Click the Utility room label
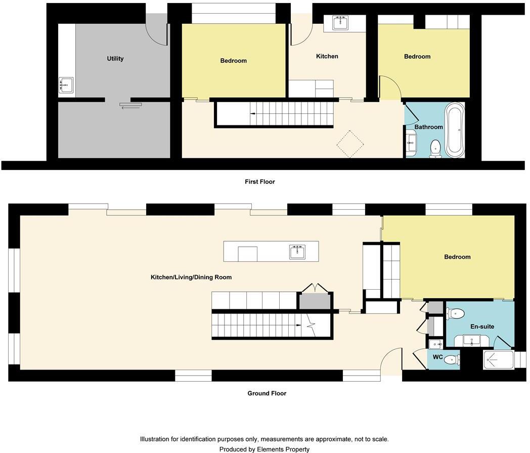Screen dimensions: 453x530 pos(115,59)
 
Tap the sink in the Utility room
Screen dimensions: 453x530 pos(66,85)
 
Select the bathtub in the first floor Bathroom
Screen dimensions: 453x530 pos(455,130)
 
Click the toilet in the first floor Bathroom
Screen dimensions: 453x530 pos(435,149)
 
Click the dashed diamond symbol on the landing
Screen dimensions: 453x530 pos(350,144)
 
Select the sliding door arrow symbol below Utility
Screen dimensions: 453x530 pos(130,105)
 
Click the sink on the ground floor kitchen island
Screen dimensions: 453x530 pos(297,251)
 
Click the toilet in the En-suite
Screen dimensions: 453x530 pos(456,313)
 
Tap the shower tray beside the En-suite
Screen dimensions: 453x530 pos(498,359)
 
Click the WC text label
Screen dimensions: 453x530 pos(438,357)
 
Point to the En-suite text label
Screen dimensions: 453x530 pos(482,327)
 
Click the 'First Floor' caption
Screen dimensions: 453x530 pos(259,182)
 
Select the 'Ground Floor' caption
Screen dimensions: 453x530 pos(267,393)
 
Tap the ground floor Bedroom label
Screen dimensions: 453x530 pos(457,257)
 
